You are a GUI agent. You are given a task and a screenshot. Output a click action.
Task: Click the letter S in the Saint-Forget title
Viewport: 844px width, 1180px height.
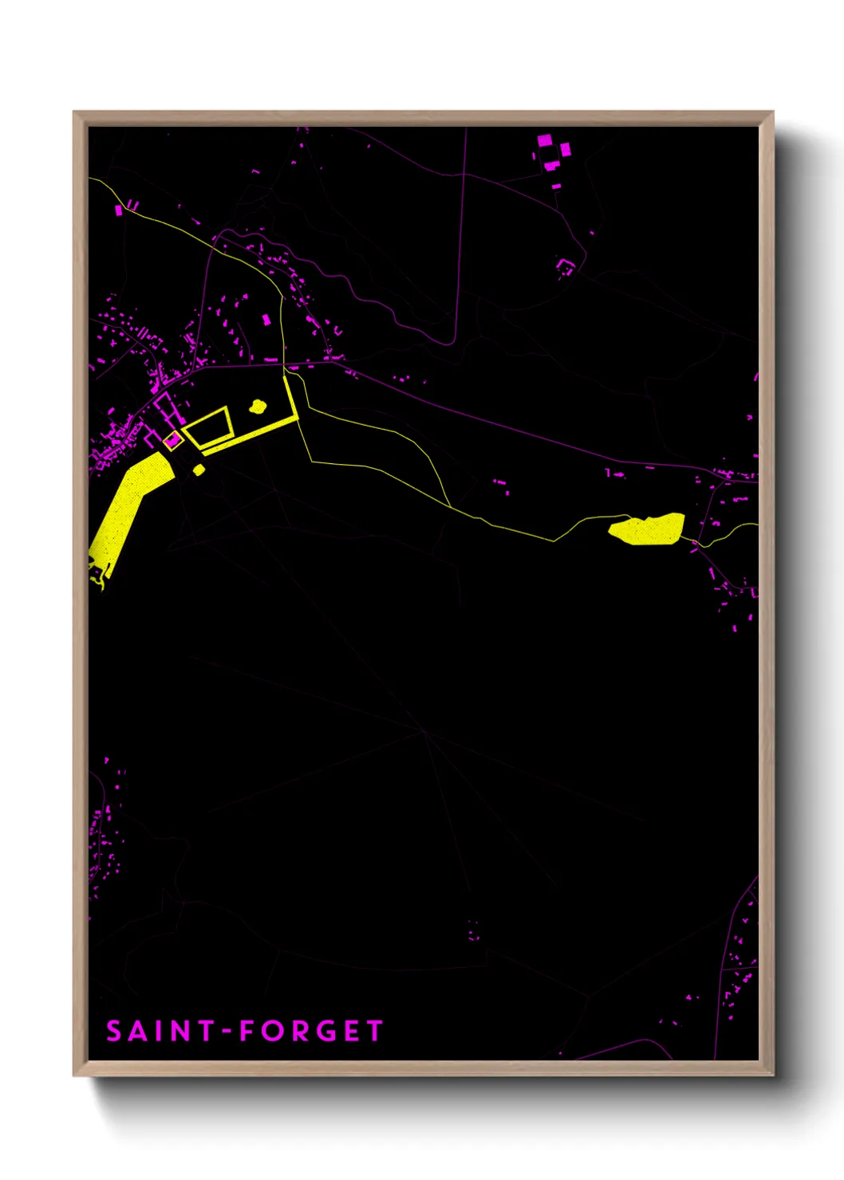(x=114, y=1031)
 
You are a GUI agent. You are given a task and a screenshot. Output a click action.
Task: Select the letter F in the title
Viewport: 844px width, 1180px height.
(x=248, y=1031)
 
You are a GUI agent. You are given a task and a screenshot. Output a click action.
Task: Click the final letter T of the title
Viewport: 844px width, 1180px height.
(x=374, y=1031)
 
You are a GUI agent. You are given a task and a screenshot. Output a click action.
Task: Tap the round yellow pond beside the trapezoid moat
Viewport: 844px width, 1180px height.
(x=257, y=407)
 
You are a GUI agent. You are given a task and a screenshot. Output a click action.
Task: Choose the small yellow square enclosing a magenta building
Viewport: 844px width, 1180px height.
(x=172, y=440)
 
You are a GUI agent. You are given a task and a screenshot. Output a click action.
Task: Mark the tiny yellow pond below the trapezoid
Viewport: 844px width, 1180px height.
(x=199, y=470)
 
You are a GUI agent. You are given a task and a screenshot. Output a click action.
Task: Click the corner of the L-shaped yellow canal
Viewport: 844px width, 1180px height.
(x=297, y=419)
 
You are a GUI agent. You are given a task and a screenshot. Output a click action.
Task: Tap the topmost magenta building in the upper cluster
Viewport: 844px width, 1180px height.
(x=544, y=140)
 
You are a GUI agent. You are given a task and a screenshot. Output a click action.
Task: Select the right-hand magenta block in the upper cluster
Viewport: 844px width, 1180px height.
(x=566, y=149)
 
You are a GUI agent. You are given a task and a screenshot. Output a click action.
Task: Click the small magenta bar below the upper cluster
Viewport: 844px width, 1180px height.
(x=556, y=187)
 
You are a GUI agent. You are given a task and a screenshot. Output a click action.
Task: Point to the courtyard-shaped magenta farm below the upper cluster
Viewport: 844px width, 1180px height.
(x=566, y=266)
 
